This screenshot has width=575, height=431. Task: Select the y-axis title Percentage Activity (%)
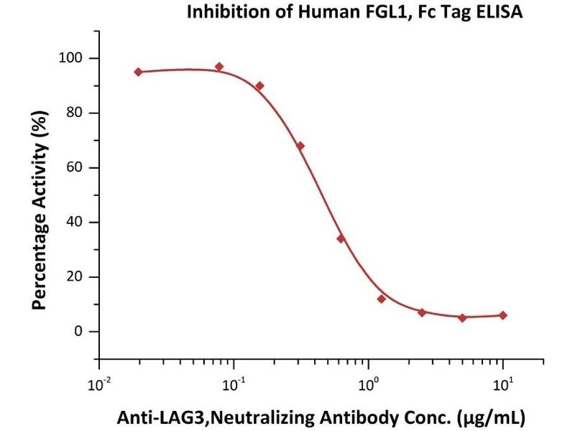point(40,209)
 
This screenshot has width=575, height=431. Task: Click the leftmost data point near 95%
point(138,72)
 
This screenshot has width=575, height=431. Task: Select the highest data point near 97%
point(219,67)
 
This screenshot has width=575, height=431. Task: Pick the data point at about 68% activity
point(300,146)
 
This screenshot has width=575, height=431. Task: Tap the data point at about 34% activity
point(341,238)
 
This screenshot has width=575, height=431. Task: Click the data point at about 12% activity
point(381,299)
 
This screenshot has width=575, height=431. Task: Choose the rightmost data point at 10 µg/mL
point(503,315)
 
